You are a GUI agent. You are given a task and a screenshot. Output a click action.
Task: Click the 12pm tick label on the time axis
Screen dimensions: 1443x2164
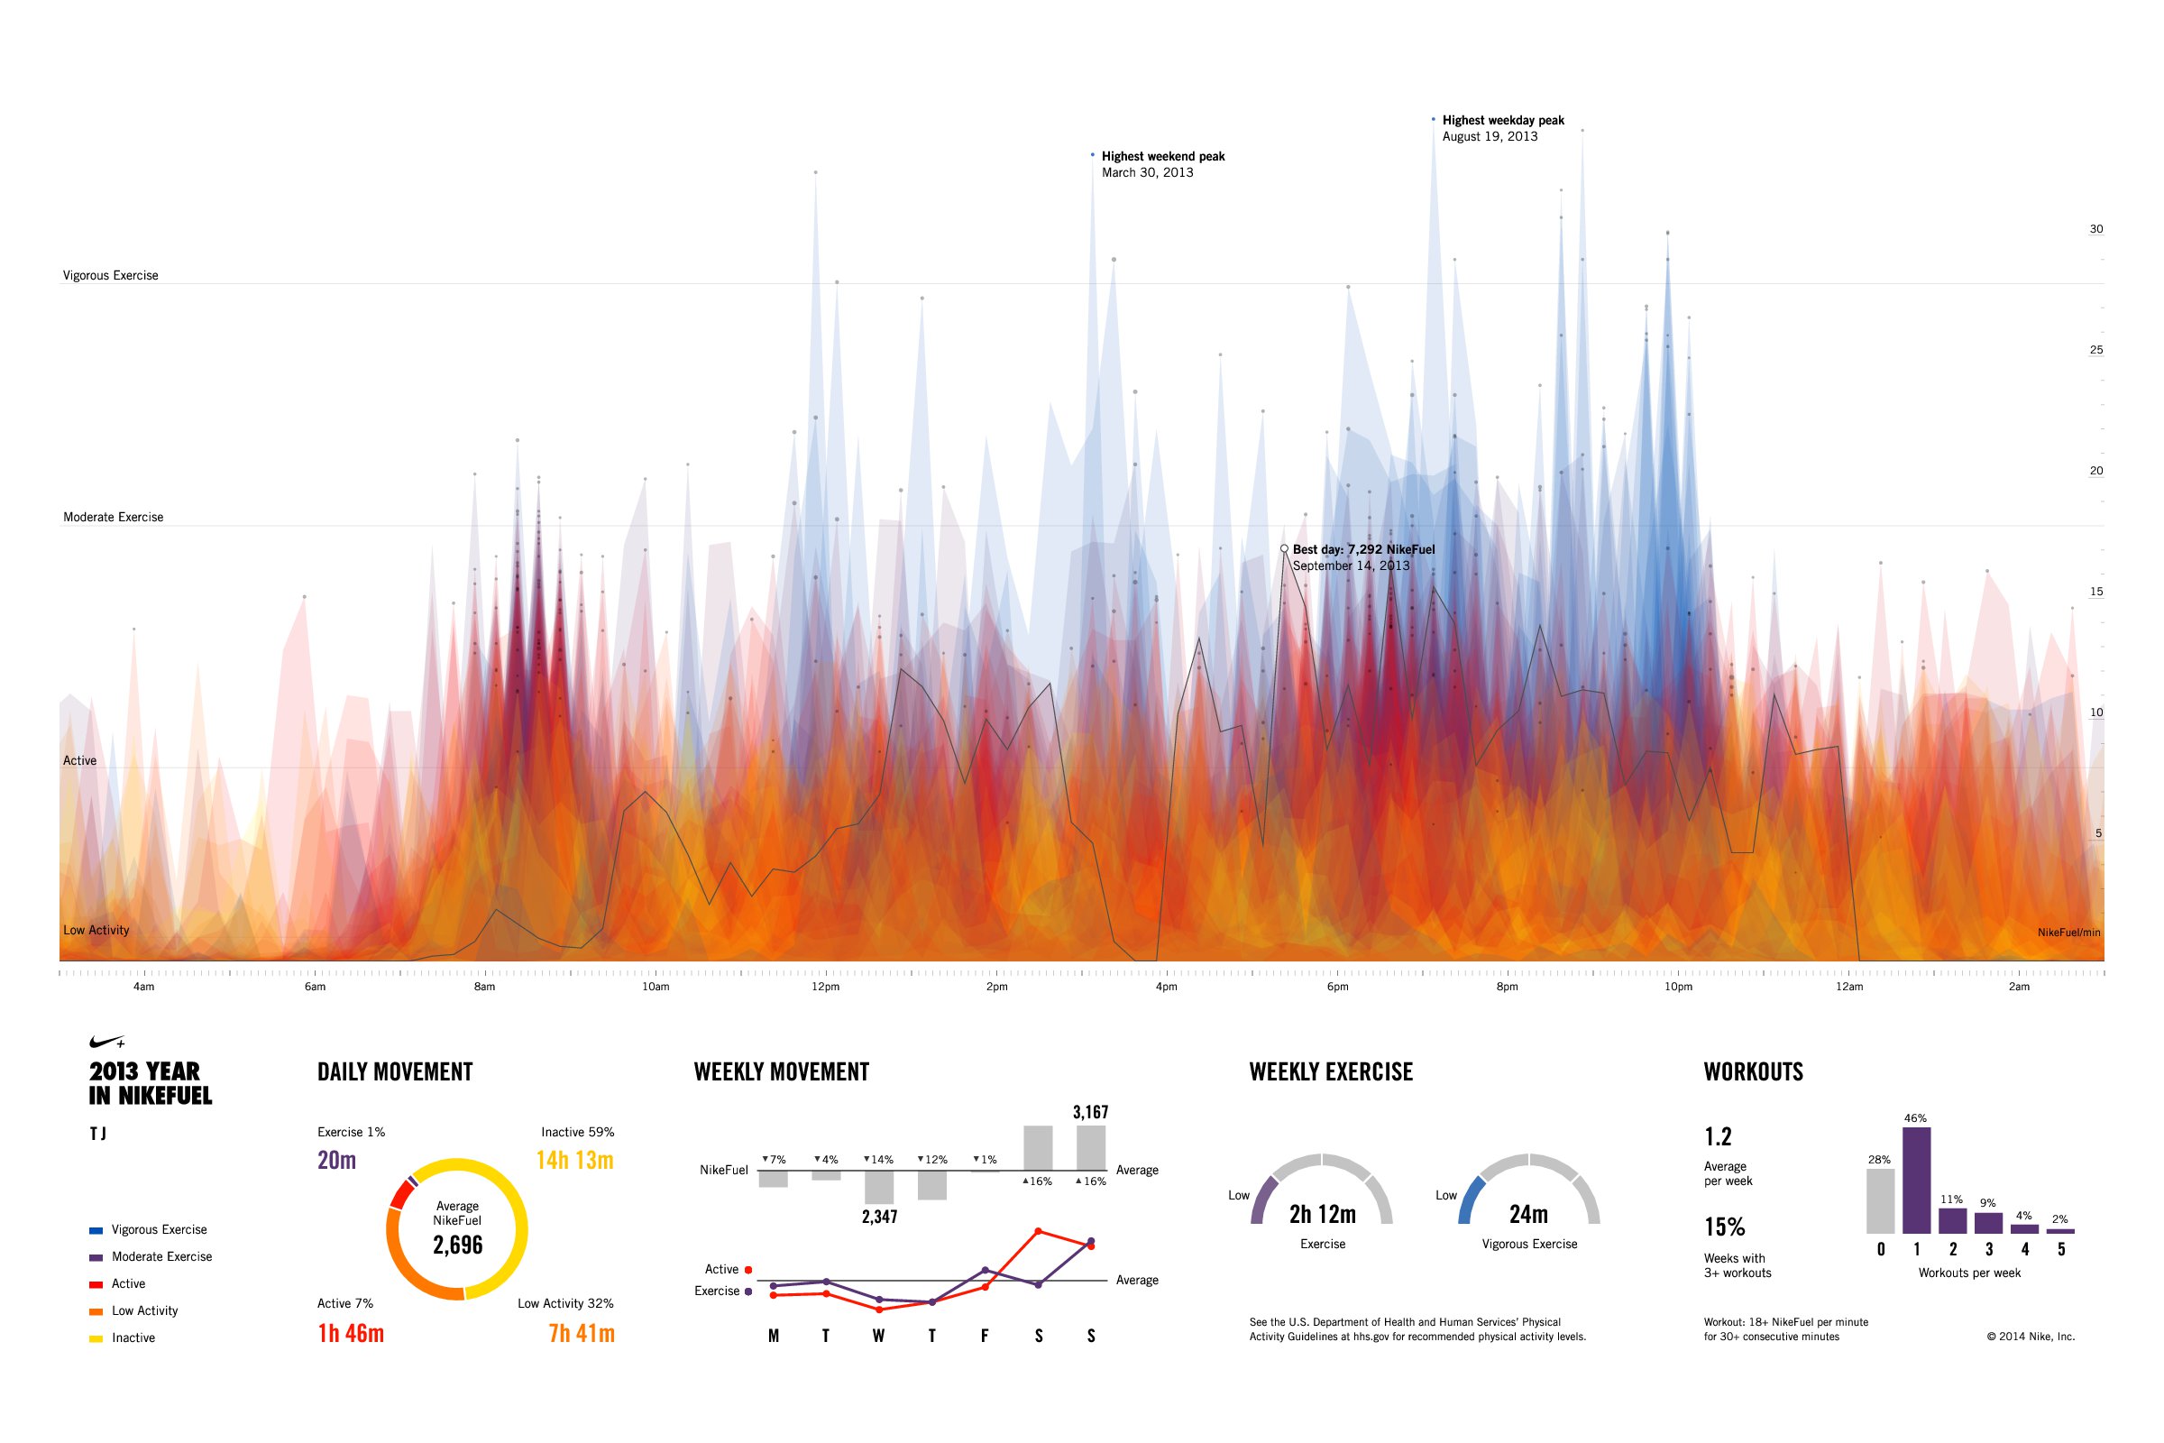[825, 987]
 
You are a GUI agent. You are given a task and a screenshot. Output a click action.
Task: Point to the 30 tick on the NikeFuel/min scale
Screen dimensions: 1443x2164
[2095, 229]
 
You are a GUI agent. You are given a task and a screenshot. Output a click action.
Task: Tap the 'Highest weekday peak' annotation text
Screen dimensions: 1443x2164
[1502, 121]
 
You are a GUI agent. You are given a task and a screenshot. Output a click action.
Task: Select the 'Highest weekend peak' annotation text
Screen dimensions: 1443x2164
[1162, 156]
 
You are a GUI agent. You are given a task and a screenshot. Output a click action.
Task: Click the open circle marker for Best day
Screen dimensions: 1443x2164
[1284, 548]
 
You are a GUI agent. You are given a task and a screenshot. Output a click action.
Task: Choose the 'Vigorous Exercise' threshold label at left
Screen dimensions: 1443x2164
[110, 275]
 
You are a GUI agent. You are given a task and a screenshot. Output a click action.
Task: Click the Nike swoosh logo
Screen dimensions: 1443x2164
[106, 1042]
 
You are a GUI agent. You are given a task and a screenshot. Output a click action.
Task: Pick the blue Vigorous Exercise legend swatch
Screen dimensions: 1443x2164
[96, 1230]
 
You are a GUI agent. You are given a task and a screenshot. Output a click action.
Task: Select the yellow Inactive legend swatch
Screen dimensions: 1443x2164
[96, 1339]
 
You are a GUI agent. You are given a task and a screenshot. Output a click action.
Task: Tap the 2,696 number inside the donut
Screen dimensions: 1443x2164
[457, 1245]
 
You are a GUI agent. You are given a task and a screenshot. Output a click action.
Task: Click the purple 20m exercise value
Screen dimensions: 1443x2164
[336, 1161]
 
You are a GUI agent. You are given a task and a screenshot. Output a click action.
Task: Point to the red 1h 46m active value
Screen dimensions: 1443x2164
[351, 1334]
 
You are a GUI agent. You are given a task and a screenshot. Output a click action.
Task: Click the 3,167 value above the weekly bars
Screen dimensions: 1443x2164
[1090, 1113]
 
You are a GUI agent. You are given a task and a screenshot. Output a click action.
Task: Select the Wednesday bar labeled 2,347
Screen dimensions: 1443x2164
[878, 1187]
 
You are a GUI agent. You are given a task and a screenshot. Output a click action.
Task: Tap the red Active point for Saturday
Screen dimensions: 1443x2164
[1038, 1231]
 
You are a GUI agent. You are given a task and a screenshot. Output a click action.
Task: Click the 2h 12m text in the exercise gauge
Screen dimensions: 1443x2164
[1322, 1215]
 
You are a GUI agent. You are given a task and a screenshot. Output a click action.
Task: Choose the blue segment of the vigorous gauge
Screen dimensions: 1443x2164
[1470, 1199]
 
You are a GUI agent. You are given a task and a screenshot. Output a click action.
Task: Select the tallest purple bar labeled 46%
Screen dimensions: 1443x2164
[1917, 1181]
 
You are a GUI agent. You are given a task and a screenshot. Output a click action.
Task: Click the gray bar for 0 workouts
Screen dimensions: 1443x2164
[1880, 1201]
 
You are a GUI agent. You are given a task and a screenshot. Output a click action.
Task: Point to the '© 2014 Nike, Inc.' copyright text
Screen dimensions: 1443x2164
[2031, 1337]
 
